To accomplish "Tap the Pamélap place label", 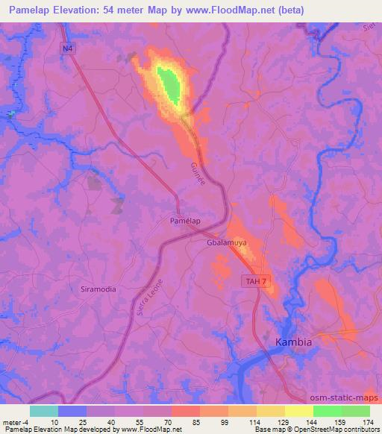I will [x=185, y=221].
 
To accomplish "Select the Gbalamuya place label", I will [x=227, y=242].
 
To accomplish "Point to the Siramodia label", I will [x=98, y=288].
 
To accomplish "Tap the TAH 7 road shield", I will [x=254, y=280].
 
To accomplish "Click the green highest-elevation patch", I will [x=172, y=84].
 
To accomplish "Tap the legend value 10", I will [x=54, y=421].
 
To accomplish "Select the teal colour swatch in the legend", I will [x=44, y=411].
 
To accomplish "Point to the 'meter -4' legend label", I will [x=16, y=421].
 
